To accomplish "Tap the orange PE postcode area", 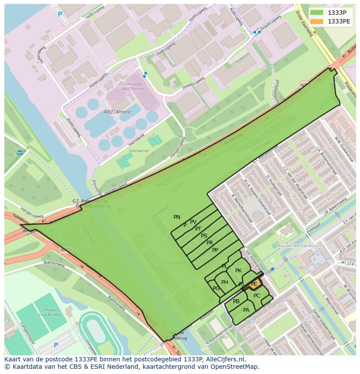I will (x=254, y=284).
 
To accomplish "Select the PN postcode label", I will (x=177, y=217).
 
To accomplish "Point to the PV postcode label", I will (x=193, y=222).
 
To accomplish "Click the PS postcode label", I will (x=204, y=236).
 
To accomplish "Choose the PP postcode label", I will (x=215, y=250).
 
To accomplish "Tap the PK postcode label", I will (x=238, y=271).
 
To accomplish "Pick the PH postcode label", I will (x=224, y=282).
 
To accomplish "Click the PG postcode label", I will (x=216, y=288).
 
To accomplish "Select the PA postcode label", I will (x=246, y=310).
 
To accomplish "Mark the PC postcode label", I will (x=257, y=296).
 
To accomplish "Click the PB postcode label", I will (x=236, y=301).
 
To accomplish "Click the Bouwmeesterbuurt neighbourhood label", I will (x=299, y=245).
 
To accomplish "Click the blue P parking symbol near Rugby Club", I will (x=56, y=345).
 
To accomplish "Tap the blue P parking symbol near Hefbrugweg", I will (x=60, y=14).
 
